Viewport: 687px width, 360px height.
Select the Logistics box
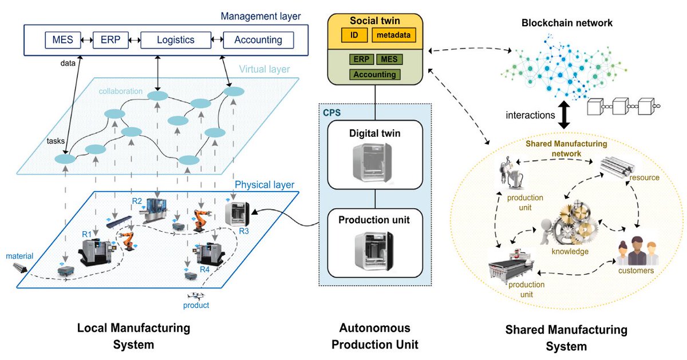[x=175, y=40]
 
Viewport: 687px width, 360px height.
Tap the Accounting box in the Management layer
[x=258, y=40]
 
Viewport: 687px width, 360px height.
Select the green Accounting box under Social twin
[x=375, y=74]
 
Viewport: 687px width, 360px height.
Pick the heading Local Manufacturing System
[x=133, y=337]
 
